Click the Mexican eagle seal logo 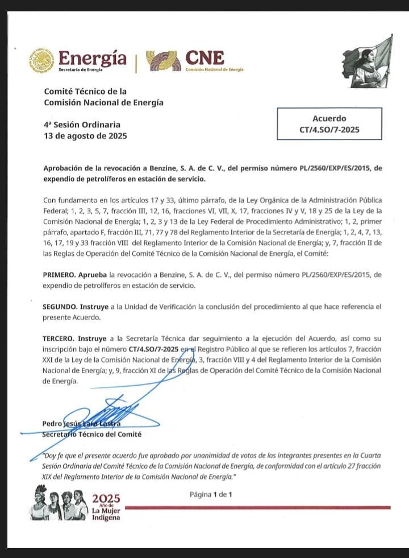[41, 60]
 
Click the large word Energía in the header [93, 57]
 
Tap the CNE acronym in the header [204, 57]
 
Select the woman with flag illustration [368, 62]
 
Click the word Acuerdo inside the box [329, 119]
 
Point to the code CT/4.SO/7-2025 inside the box [329, 130]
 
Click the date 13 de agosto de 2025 [85, 137]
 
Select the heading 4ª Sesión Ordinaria [82, 125]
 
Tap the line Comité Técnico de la [85, 91]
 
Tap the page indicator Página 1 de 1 [212, 494]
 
